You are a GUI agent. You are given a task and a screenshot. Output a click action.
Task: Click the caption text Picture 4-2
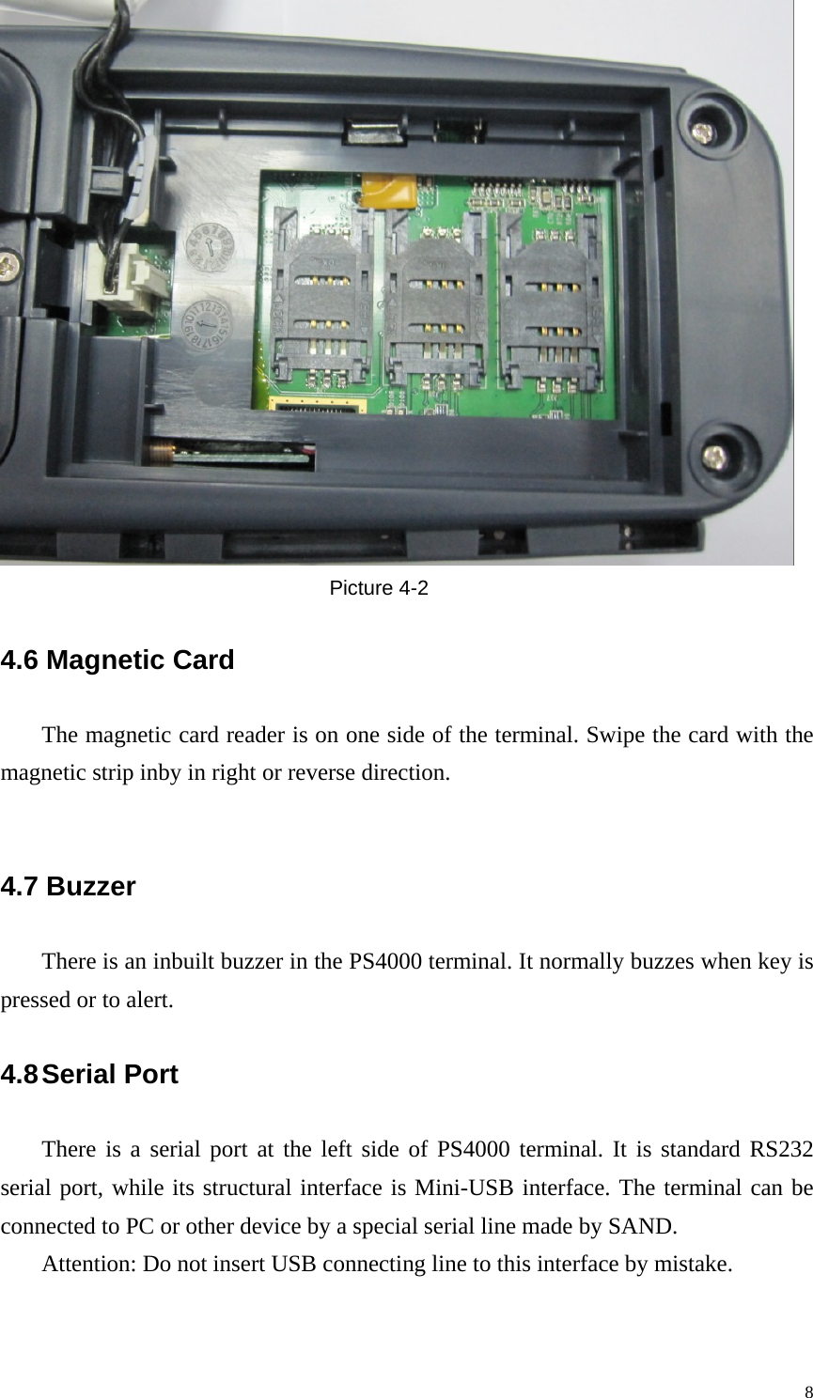click(378, 589)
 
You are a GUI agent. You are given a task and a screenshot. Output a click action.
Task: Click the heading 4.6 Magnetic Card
click(117, 660)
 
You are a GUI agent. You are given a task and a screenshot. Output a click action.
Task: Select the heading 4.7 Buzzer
click(69, 886)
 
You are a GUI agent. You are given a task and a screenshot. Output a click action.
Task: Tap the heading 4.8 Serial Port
click(89, 1075)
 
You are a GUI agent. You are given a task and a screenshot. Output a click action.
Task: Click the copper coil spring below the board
click(162, 456)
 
